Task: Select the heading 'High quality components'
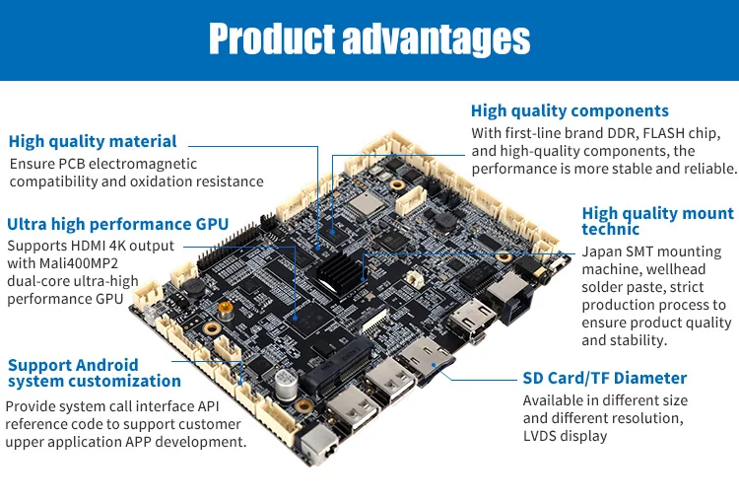570,110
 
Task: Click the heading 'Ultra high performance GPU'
117,224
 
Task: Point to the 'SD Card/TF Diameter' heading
604,378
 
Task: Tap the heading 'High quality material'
93,141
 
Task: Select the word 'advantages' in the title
435,39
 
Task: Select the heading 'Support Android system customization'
94,373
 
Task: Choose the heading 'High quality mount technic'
657,221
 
